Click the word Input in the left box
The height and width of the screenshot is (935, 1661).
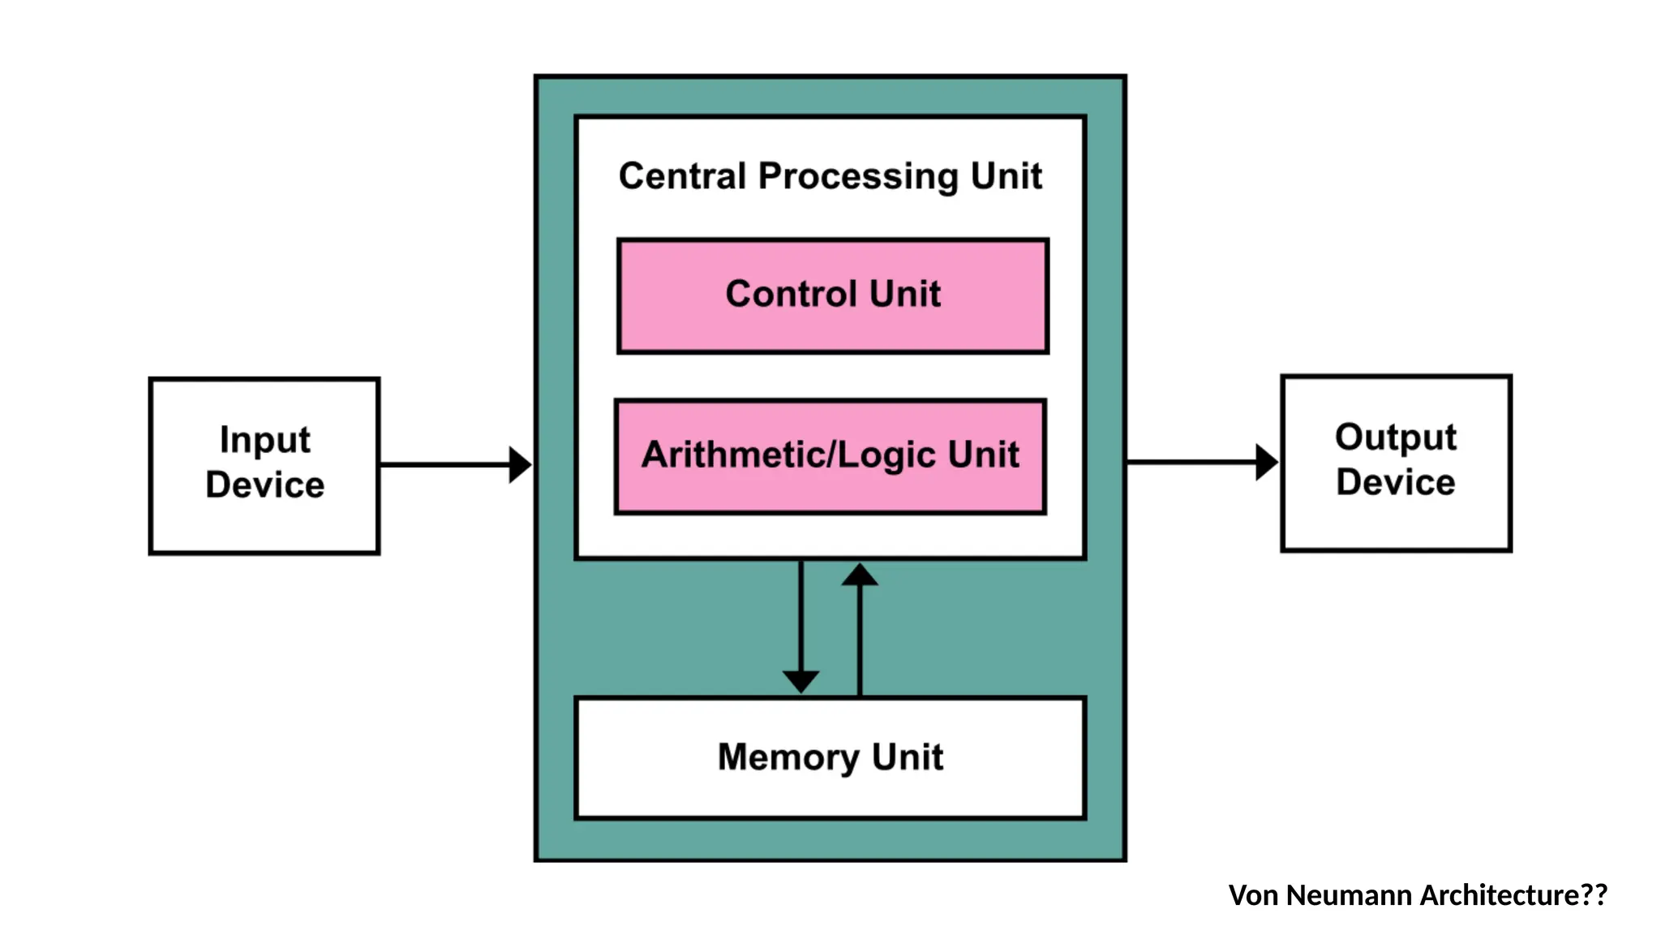point(264,441)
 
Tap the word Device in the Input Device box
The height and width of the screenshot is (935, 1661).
point(264,485)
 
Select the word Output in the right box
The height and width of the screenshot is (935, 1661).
point(1395,438)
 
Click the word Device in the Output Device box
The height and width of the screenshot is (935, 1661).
point(1395,483)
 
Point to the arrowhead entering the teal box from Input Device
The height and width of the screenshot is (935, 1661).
point(520,465)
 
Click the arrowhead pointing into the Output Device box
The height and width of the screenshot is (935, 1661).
point(1266,463)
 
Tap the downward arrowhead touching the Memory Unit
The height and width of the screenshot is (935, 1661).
point(800,681)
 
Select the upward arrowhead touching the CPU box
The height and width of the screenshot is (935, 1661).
point(860,575)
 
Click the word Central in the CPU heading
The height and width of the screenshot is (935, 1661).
point(682,176)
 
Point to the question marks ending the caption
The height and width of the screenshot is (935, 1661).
point(1594,895)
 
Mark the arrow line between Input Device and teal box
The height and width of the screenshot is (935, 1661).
point(442,465)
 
